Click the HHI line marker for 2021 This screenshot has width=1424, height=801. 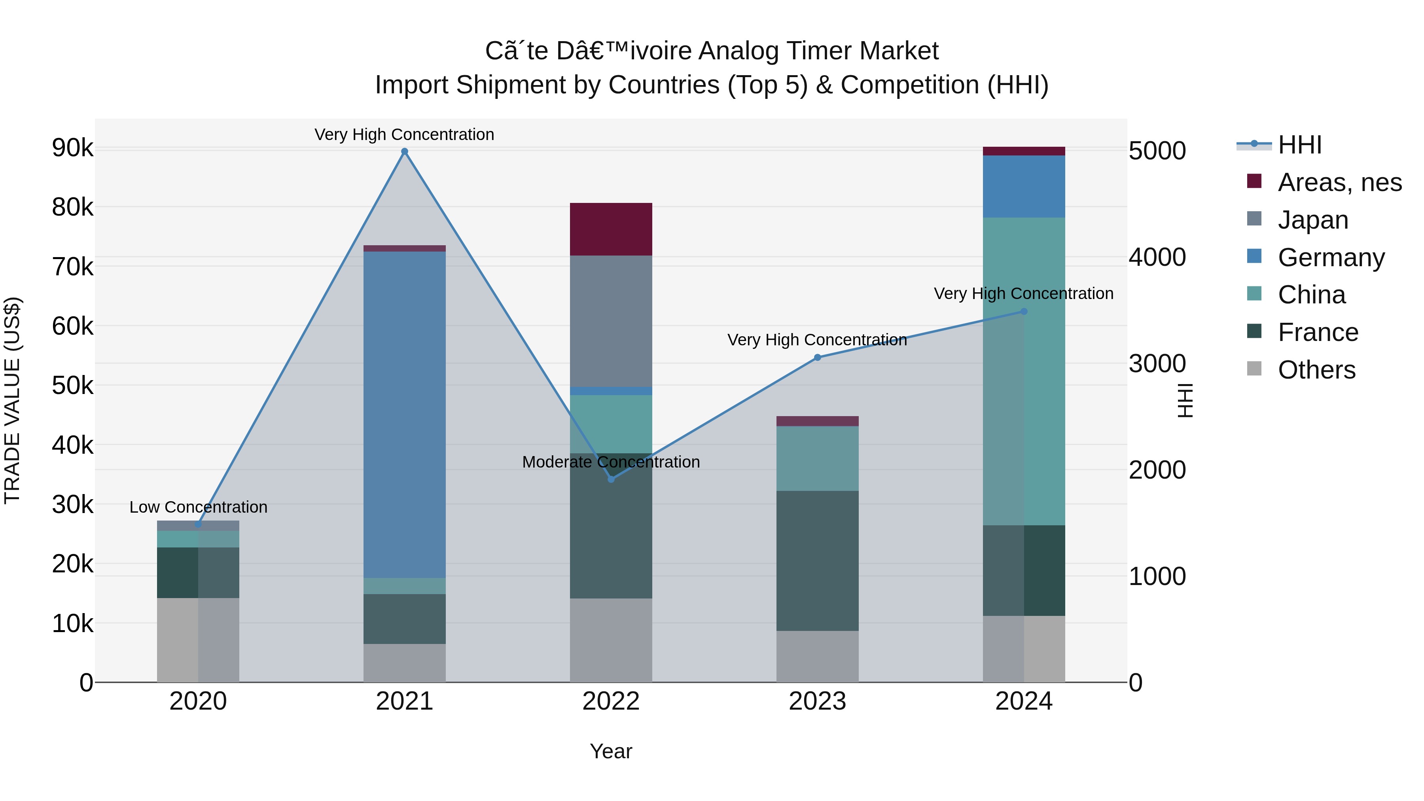[x=405, y=151]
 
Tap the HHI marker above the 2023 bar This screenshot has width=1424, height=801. [x=818, y=358]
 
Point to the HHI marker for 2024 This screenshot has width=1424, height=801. [x=1024, y=312]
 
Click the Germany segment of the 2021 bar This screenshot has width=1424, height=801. [x=405, y=415]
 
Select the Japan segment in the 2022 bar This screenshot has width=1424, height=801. [x=611, y=321]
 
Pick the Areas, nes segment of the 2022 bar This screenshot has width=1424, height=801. [x=611, y=229]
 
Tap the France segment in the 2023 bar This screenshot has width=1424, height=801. [x=818, y=561]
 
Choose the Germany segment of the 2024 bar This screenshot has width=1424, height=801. [x=1024, y=186]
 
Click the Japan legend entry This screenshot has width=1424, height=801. [x=1312, y=220]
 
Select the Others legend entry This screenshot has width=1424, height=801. [x=1316, y=370]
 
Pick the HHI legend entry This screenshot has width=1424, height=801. [x=1299, y=145]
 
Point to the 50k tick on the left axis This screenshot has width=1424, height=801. [x=73, y=386]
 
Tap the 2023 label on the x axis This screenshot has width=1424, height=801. [x=818, y=701]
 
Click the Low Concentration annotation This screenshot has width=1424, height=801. [x=199, y=507]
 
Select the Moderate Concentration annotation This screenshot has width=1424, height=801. [x=611, y=462]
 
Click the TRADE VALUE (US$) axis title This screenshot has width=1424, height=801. [x=12, y=400]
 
